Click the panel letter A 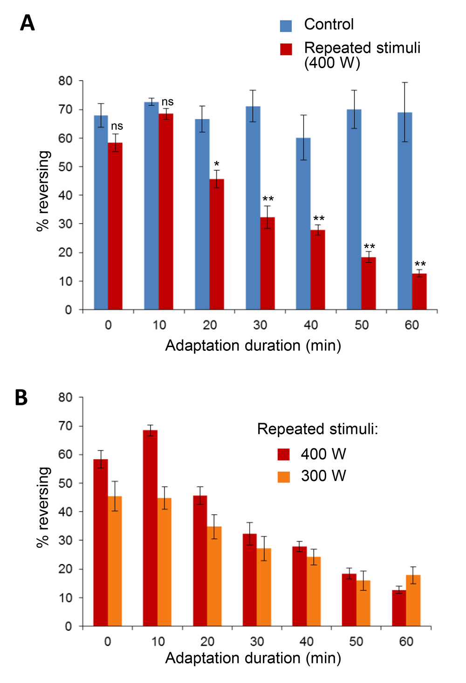tap(27, 23)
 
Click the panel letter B tap(21, 397)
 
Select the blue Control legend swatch tap(286, 26)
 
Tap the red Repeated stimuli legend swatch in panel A tap(286, 49)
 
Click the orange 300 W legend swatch tap(283, 476)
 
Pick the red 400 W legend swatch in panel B tap(283, 454)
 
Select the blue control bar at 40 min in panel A tap(303, 224)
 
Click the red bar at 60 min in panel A tap(419, 292)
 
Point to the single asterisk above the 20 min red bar tap(217, 164)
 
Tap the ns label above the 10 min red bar tap(167, 102)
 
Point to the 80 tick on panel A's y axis tap(65, 81)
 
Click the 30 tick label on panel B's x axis tap(257, 641)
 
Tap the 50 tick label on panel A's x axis tap(362, 325)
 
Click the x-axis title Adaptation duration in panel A tap(253, 346)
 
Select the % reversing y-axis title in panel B tap(43, 507)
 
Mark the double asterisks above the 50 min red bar tap(369, 247)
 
